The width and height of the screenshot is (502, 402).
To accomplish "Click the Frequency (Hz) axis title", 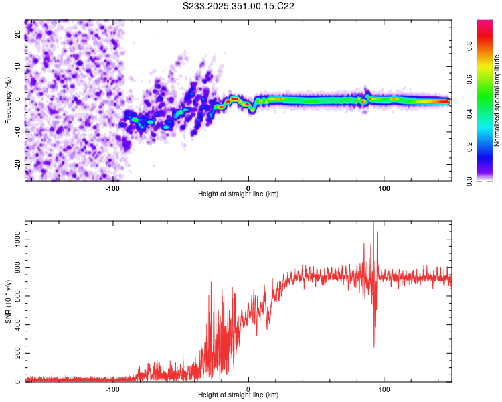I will [8, 100].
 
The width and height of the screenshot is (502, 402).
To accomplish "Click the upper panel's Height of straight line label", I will [238, 194].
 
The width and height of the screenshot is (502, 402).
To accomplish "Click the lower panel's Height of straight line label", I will [238, 395].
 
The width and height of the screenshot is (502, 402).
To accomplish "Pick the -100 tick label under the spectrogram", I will [112, 188].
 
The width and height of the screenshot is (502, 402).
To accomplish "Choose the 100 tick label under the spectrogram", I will [384, 188].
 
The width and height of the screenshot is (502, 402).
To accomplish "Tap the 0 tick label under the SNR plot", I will [248, 389].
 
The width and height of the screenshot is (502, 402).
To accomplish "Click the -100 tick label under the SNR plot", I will [112, 389].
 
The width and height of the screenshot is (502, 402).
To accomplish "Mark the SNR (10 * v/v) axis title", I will [8, 301].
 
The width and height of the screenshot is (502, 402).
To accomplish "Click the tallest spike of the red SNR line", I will [373, 223].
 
